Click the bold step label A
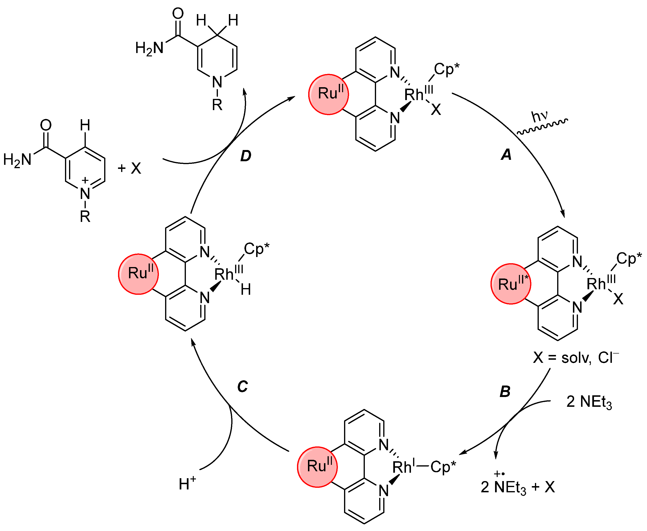point(506,155)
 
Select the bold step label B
point(505,392)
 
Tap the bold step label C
point(242,387)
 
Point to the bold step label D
point(246,156)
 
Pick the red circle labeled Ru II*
point(511,284)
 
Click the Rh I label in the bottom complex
point(404,467)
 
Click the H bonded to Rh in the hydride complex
point(246,289)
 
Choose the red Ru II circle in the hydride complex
point(138,274)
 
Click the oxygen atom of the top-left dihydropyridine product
point(178,13)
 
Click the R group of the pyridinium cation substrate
point(85,217)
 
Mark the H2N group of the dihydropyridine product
point(149,48)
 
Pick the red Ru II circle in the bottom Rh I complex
point(317,467)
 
